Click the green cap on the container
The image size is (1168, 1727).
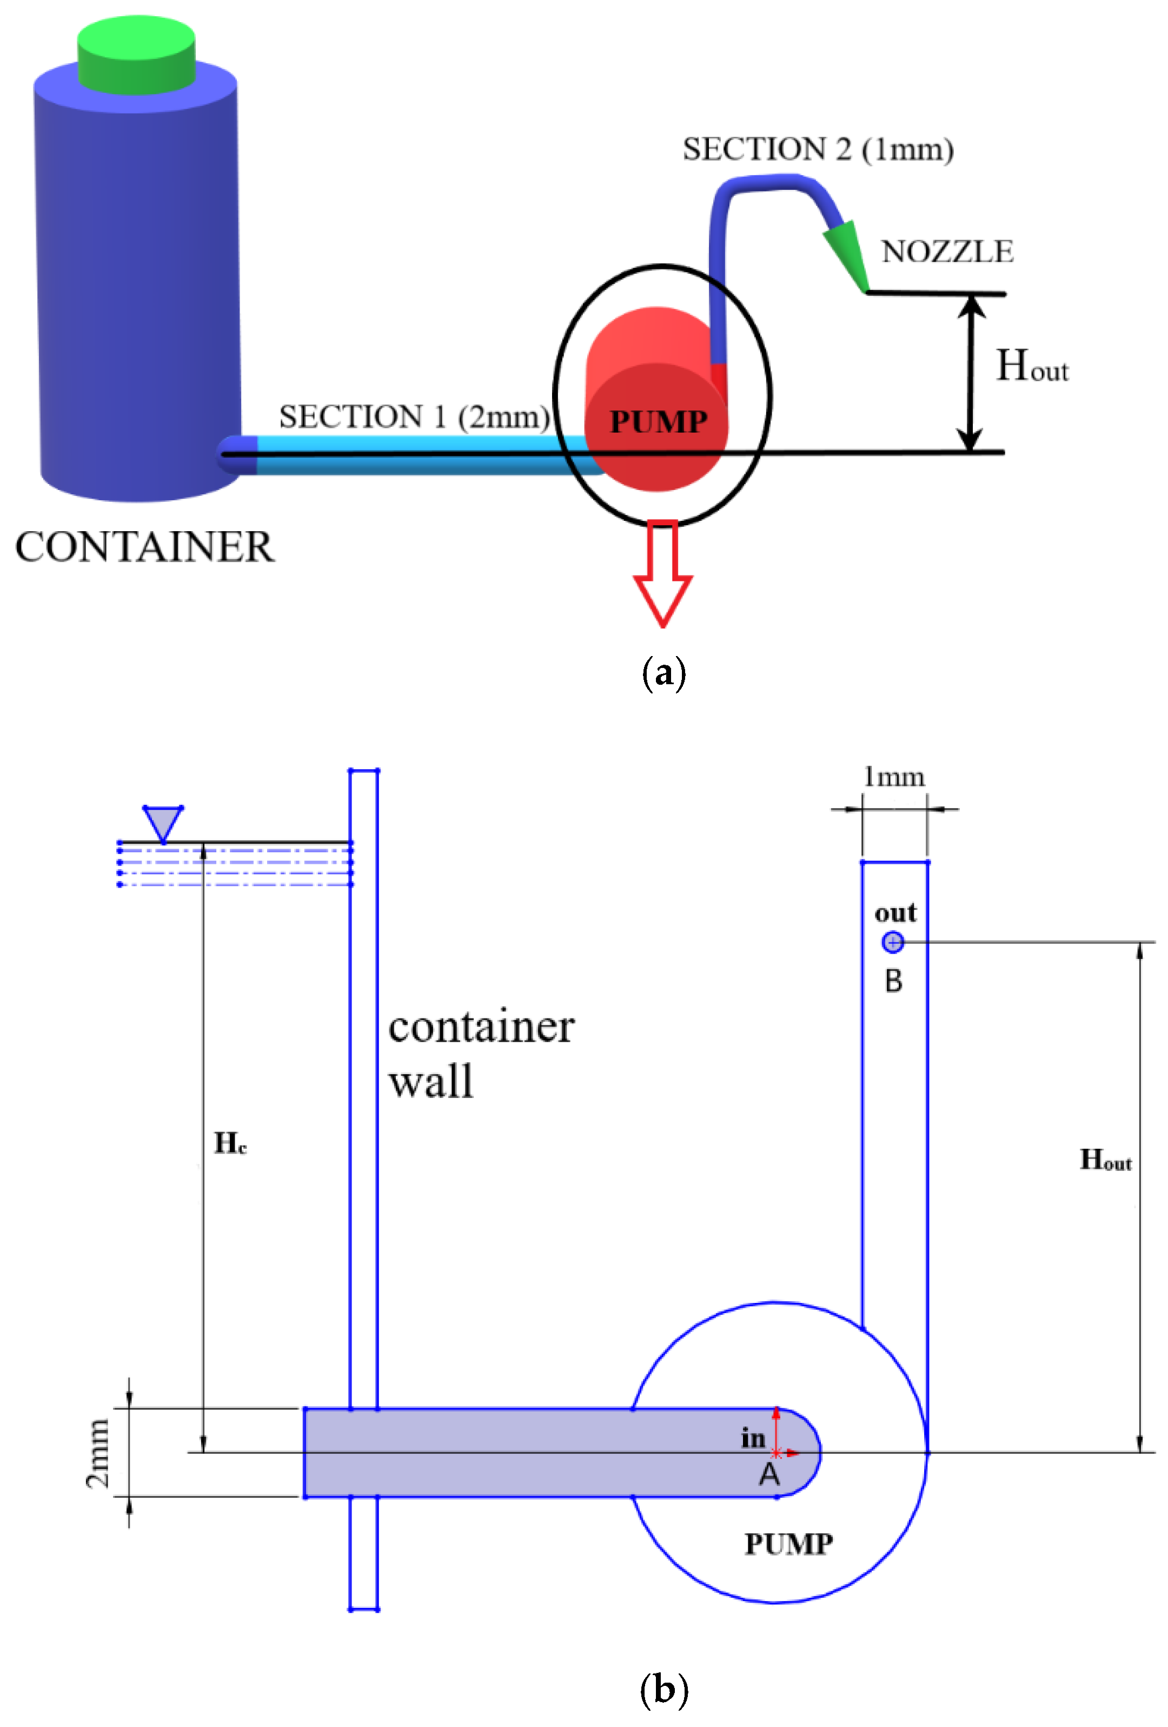[136, 56]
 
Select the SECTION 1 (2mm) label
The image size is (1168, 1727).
[414, 417]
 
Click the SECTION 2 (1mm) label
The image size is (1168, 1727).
[817, 149]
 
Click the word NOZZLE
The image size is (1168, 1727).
[947, 252]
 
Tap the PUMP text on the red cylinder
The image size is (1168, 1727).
[658, 421]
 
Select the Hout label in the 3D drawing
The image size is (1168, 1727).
[1031, 366]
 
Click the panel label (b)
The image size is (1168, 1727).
[663, 1689]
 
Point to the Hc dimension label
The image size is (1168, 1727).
[230, 1143]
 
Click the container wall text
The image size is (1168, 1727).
[480, 1054]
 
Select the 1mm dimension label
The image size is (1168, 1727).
[894, 777]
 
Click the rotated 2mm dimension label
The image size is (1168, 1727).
[98, 1453]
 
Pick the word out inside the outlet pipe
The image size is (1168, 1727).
[894, 912]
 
